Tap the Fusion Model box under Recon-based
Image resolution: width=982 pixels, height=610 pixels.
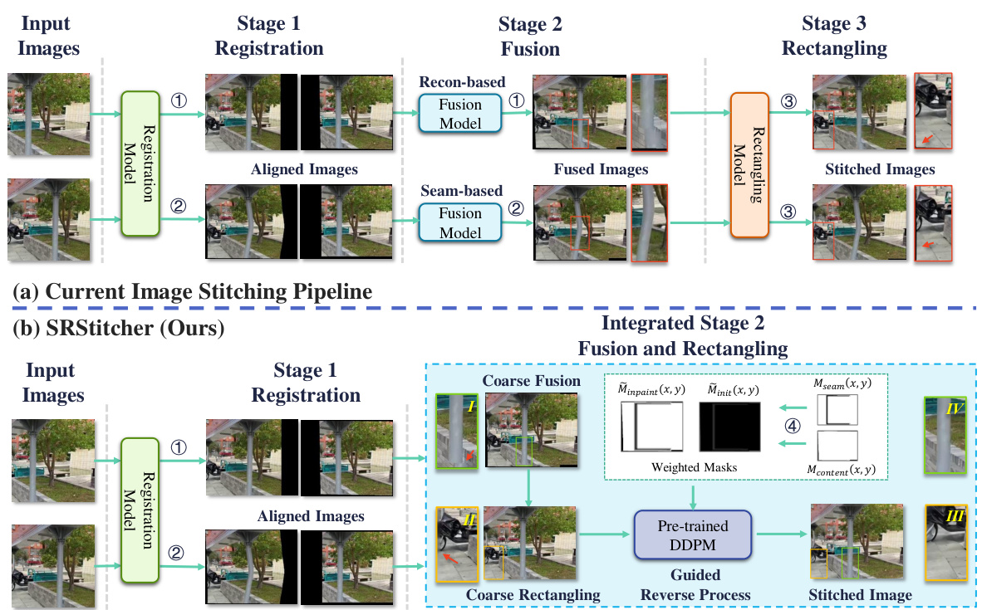(x=459, y=114)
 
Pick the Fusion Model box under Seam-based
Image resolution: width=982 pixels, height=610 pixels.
(x=459, y=222)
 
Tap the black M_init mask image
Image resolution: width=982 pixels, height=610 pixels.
(x=729, y=427)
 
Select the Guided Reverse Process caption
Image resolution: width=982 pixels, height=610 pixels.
(x=692, y=585)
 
